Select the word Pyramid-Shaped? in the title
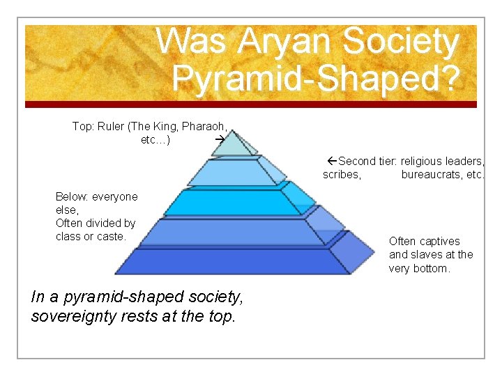[316, 79]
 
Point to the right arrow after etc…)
[219, 140]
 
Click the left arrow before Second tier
[332, 161]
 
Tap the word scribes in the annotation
[342, 174]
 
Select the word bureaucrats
[432, 174]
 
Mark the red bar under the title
[251, 104]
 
